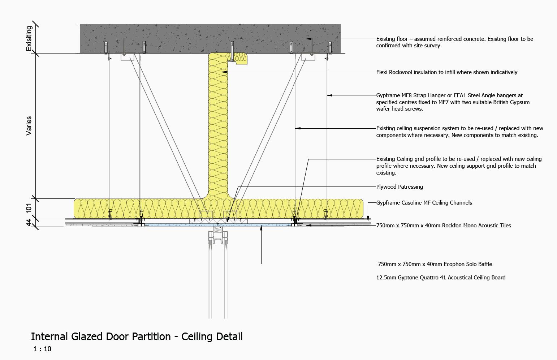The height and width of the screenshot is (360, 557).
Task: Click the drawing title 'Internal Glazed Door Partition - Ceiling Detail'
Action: pyautogui.click(x=137, y=337)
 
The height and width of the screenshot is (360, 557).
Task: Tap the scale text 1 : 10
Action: pyautogui.click(x=42, y=349)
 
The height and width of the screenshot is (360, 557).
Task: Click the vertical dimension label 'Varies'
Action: pyautogui.click(x=29, y=126)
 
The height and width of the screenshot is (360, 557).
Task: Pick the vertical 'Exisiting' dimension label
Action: pyautogui.click(x=29, y=38)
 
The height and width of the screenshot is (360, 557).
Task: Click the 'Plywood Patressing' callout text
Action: pyautogui.click(x=400, y=187)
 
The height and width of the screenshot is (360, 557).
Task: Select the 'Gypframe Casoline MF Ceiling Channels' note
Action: pyautogui.click(x=424, y=203)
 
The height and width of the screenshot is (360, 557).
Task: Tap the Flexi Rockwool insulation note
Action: pyautogui.click(x=446, y=72)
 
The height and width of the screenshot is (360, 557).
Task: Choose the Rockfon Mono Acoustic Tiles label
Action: pyautogui.click(x=444, y=226)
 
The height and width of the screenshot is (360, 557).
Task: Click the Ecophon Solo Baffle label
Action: pyautogui.click(x=435, y=264)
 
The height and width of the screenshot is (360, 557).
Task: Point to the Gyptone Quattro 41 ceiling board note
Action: pyautogui.click(x=441, y=278)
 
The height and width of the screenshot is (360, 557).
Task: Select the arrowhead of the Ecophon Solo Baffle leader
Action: pyautogui.click(x=261, y=227)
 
